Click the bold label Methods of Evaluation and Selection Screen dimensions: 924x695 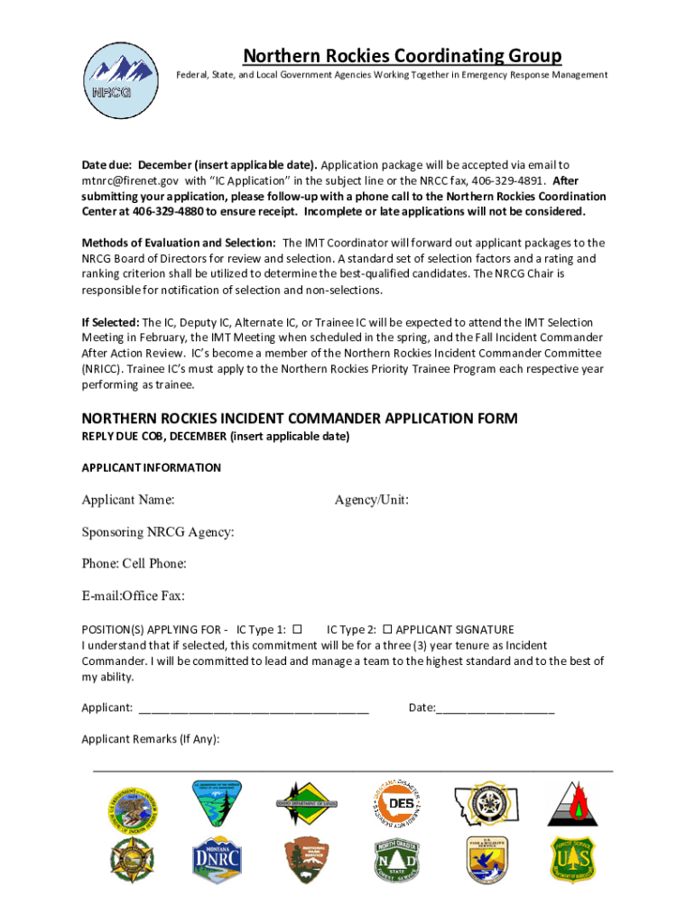(x=179, y=243)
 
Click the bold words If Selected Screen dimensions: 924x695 (x=110, y=321)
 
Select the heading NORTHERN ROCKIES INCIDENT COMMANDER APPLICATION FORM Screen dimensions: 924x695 (x=300, y=419)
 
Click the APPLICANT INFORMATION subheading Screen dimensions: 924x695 (x=151, y=467)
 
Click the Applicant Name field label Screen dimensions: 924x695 (x=128, y=500)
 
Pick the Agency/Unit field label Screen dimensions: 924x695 (x=371, y=500)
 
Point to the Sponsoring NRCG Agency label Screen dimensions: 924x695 (x=158, y=531)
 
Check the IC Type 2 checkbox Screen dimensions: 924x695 (x=387, y=629)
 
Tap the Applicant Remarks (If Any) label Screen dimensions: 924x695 (x=150, y=739)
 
